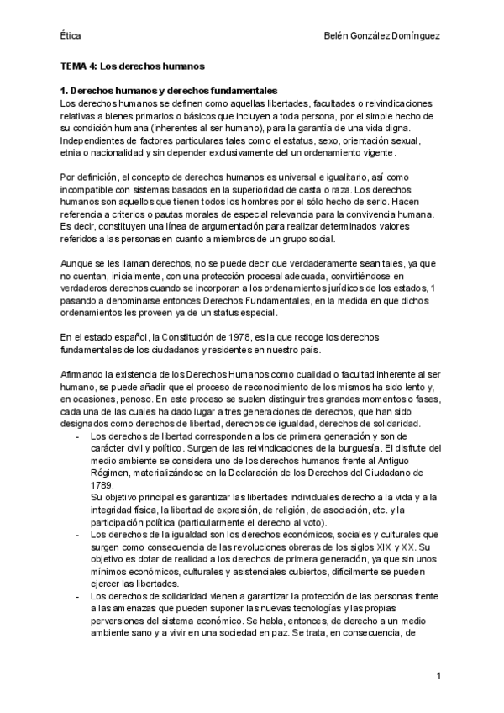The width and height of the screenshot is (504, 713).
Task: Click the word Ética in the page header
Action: (71, 35)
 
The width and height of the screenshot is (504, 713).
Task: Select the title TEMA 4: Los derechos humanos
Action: (134, 65)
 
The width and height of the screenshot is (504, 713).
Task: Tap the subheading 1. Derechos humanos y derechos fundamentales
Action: (170, 90)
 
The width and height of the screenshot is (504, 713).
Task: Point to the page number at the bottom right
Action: (438, 676)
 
